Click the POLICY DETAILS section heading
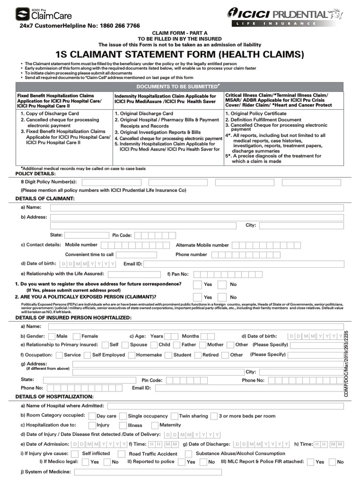click(x=36, y=173)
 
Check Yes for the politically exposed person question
click(x=198, y=297)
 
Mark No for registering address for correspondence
click(x=222, y=285)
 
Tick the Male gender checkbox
click(x=51, y=336)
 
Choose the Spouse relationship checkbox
click(x=124, y=345)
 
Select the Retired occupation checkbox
click(x=196, y=355)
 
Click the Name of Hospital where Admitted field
click(x=225, y=406)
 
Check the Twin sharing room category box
click(x=174, y=416)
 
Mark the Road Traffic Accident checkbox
click(x=121, y=454)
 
